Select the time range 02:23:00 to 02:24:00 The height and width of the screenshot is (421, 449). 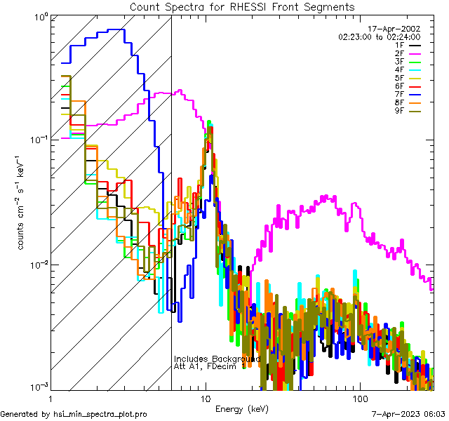[x=379, y=36]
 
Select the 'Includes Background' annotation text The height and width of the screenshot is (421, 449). [x=217, y=359]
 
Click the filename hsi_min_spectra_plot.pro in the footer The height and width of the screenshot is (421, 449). [x=100, y=414]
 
